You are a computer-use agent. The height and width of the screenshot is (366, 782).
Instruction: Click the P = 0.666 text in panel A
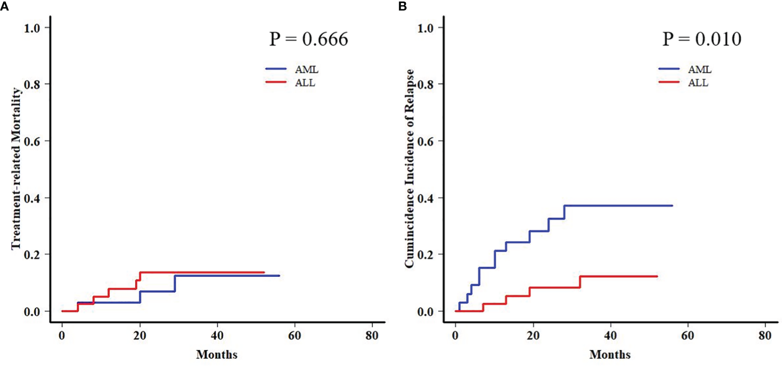coord(308,39)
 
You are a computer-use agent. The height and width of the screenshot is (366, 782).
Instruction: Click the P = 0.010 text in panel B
coord(702,39)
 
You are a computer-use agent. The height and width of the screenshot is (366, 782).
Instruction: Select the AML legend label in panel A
coord(307,70)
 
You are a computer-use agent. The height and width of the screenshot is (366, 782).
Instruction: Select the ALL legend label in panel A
coord(305,83)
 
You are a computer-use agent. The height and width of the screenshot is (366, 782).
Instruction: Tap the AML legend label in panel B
coord(700,70)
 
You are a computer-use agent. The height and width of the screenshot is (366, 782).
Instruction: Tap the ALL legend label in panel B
coord(698,83)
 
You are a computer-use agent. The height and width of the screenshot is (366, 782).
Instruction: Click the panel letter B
coord(402,6)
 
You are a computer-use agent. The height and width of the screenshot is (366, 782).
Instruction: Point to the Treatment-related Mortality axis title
coord(16,169)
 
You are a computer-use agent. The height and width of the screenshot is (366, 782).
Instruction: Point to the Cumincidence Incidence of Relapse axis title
coord(409,169)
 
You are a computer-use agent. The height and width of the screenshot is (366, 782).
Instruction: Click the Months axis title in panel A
coord(217,354)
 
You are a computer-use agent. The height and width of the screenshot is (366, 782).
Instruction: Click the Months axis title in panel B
coord(610,354)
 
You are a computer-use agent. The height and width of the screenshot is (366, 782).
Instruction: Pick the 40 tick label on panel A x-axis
coord(217,336)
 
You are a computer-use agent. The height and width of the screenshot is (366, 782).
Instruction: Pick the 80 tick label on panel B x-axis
coord(765,336)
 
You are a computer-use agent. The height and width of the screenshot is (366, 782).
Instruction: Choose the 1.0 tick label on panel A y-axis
coord(32,28)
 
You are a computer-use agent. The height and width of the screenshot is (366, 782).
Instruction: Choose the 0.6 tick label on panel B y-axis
coord(425,142)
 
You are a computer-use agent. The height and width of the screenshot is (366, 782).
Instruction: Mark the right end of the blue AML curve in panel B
coord(672,206)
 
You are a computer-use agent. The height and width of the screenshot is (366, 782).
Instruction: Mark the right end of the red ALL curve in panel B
coord(657,276)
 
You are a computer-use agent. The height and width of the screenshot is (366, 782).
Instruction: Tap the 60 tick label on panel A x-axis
coord(294,336)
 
